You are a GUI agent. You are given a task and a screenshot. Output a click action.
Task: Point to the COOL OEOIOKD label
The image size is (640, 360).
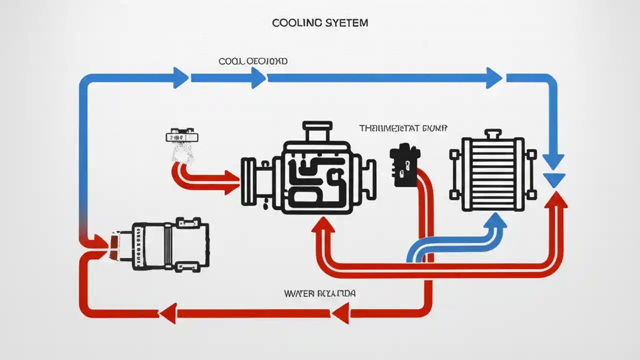click(253, 61)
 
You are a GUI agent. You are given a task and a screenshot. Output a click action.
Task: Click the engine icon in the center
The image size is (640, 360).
click(308, 168)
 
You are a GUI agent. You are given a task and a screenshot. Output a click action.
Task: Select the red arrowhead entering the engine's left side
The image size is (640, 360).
click(231, 182)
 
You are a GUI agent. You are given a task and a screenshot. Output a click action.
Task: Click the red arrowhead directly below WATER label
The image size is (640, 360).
click(340, 314)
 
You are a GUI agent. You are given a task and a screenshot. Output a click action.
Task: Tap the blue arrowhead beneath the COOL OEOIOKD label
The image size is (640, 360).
click(258, 78)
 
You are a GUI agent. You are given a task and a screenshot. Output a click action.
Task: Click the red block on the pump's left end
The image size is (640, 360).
click(114, 243)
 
